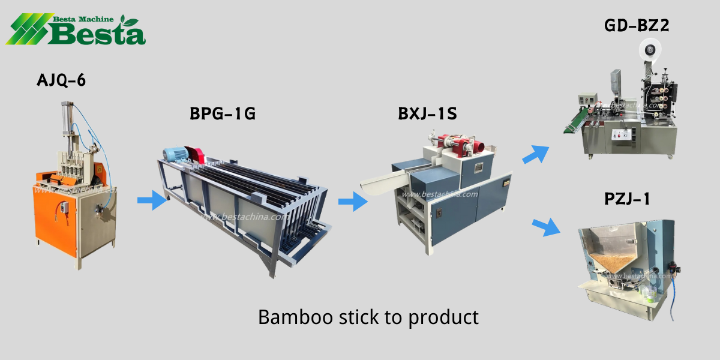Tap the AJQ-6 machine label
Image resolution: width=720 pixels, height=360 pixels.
61,80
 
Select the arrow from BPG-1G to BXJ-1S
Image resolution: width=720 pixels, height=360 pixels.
353,202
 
